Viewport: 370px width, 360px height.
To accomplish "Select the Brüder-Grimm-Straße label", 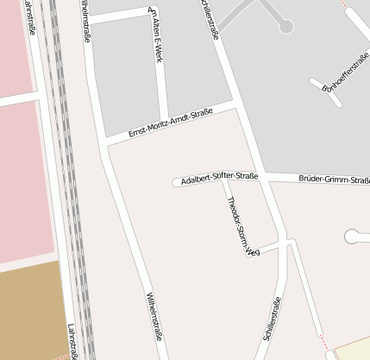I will tap(334, 180).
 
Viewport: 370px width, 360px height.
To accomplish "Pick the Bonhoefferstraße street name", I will tap(344, 73).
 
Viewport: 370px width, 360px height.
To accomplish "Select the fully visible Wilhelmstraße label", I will tap(154, 317).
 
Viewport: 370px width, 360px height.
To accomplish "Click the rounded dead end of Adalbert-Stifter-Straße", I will tap(177, 182).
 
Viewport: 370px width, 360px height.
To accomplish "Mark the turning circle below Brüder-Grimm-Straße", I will tap(352, 235).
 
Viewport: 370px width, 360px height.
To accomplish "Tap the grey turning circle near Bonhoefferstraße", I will tap(286, 27).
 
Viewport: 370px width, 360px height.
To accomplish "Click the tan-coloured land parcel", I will tap(30, 311).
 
